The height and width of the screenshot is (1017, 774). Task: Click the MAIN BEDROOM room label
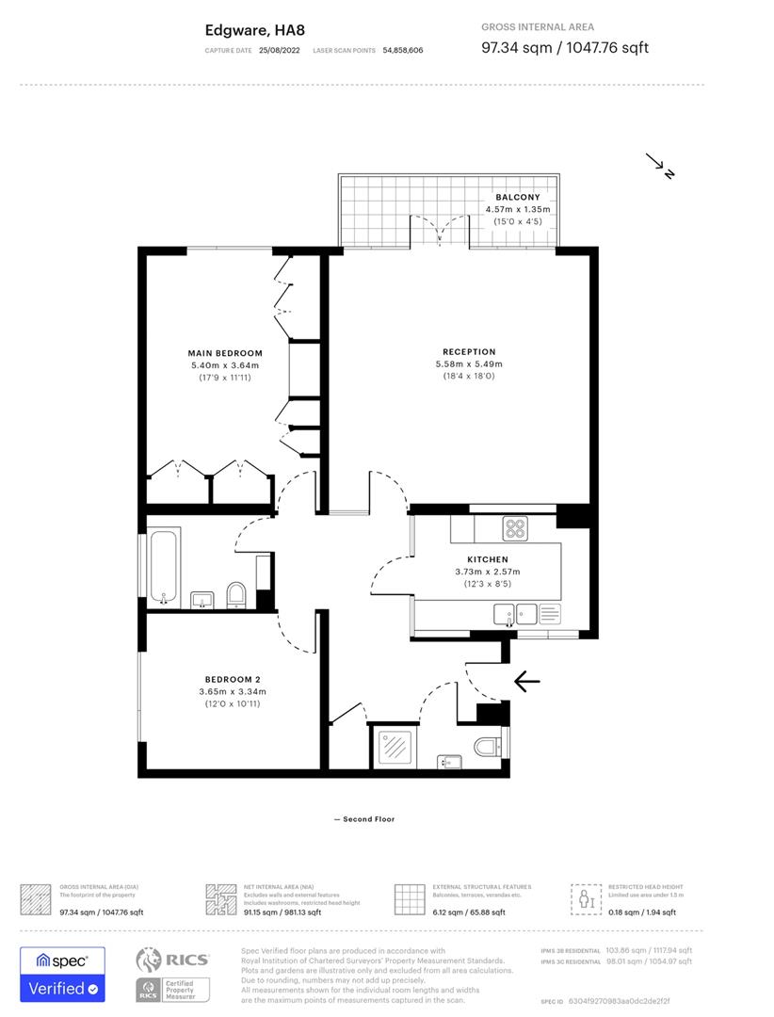click(x=224, y=353)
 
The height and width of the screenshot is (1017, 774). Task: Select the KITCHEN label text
click(x=487, y=559)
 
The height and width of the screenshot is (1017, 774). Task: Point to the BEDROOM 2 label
click(x=233, y=679)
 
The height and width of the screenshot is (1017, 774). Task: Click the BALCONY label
click(x=517, y=197)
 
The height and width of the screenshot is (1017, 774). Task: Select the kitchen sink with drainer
click(x=517, y=615)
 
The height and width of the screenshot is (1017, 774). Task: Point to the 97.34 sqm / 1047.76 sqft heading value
click(x=564, y=47)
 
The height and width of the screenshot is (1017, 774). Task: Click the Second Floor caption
click(x=363, y=819)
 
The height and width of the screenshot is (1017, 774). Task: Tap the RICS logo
click(x=173, y=960)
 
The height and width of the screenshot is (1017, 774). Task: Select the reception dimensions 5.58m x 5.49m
click(x=469, y=364)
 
